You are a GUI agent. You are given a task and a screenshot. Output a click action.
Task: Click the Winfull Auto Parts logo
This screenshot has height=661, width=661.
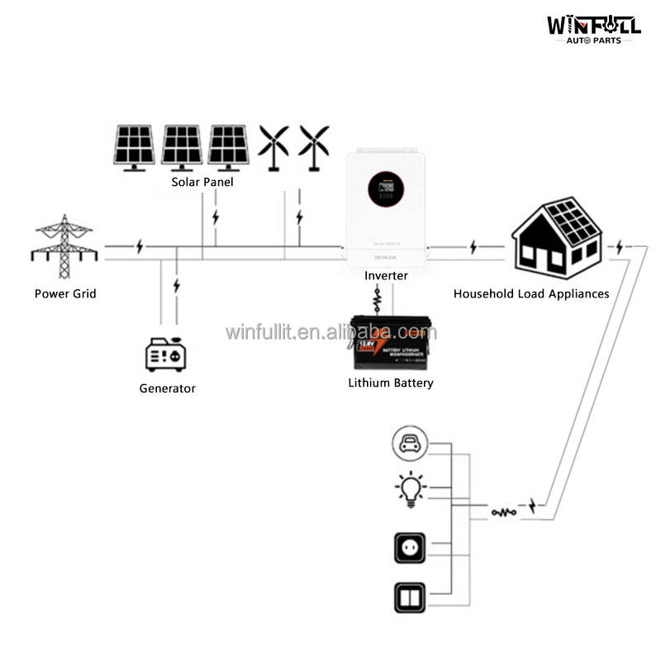click(593, 26)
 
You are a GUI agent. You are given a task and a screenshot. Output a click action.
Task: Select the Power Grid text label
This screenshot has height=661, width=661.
click(65, 293)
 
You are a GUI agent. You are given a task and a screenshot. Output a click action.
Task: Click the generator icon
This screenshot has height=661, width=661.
click(167, 354)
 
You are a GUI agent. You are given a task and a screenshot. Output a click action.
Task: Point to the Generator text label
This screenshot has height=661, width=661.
click(167, 388)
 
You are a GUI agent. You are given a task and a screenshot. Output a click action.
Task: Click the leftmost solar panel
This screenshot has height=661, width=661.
click(134, 147)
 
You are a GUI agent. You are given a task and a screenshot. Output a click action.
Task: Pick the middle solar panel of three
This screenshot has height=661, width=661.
click(182, 147)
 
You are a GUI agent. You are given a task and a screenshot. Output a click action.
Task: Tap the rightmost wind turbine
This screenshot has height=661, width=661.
click(313, 145)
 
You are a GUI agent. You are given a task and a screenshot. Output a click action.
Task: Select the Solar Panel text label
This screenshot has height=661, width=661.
click(202, 182)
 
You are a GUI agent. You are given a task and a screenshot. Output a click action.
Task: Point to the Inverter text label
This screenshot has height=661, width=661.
click(386, 275)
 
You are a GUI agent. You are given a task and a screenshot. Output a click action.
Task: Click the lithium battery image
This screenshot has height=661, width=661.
click(391, 342)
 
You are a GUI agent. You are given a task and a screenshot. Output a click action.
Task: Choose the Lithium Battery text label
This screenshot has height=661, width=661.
click(391, 383)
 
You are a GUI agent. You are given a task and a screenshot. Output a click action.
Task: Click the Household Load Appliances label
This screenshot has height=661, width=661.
click(531, 293)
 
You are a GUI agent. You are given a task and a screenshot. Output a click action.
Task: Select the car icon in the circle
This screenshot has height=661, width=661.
click(410, 444)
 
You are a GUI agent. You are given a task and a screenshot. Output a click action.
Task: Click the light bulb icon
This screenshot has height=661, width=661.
click(410, 489)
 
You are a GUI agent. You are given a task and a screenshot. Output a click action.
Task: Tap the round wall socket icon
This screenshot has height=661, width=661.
click(410, 548)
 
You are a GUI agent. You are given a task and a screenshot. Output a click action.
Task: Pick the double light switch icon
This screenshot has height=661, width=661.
click(410, 595)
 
